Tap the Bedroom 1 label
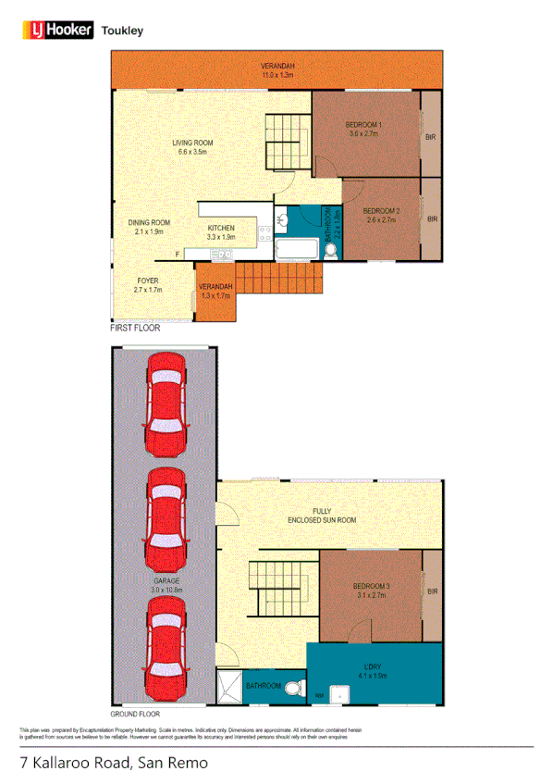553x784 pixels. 363,129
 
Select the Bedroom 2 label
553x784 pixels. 381,215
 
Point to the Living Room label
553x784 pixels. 192,148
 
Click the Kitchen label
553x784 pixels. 220,232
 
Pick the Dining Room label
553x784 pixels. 149,227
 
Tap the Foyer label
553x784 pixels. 148,284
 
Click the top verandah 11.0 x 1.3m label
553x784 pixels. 276,69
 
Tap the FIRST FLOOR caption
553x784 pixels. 135,329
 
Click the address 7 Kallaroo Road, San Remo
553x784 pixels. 114,764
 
